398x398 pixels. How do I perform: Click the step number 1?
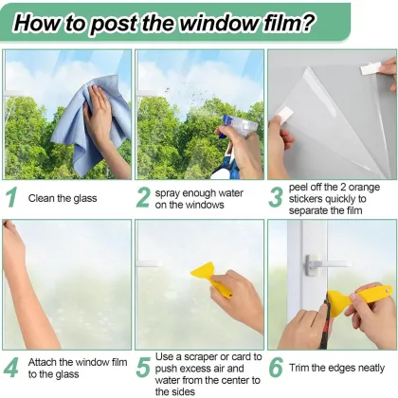(12, 197)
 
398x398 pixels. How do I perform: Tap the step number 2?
(143, 197)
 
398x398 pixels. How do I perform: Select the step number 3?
(276, 197)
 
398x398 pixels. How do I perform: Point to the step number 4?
(12, 366)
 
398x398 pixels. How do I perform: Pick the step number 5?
(143, 366)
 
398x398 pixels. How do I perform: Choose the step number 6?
(276, 366)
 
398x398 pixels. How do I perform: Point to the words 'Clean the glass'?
(63, 199)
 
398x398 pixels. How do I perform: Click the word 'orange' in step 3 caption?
(361, 187)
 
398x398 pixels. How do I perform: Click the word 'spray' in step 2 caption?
(172, 192)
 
